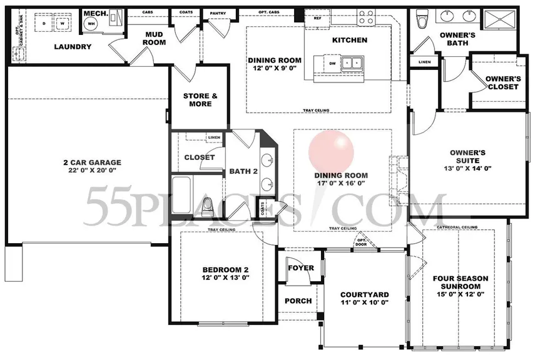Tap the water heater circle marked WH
pyautogui.click(x=91, y=24)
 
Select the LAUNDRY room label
pyautogui.click(x=73, y=47)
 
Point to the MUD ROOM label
pyautogui.click(x=155, y=38)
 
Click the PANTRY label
pyautogui.click(x=218, y=13)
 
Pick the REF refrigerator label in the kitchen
pyautogui.click(x=317, y=18)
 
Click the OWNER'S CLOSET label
pyautogui.click(x=504, y=82)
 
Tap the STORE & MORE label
pyautogui.click(x=200, y=100)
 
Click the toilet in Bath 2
pyautogui.click(x=210, y=204)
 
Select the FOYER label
pyautogui.click(x=300, y=268)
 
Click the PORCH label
pyautogui.click(x=298, y=301)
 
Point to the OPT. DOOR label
pyautogui.click(x=362, y=242)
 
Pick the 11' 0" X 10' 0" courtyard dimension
pyautogui.click(x=364, y=303)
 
